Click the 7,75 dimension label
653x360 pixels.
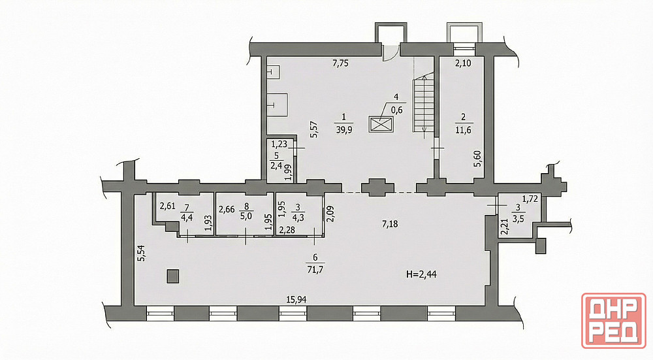pos(340,64)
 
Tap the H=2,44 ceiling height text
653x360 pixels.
pos(421,274)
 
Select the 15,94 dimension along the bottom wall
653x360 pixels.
pos(296,299)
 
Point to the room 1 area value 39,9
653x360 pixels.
pos(344,129)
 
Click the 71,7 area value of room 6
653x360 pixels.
pos(315,269)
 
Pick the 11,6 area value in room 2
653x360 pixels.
pos(463,129)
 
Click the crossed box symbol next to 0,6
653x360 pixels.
pos(381,125)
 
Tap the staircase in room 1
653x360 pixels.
pos(424,104)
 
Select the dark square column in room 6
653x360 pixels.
pos(173,276)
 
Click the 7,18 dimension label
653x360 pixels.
pos(390,224)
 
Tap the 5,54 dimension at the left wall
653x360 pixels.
pos(142,254)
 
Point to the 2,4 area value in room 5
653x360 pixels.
pos(276,166)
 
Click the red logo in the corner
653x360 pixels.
pos(614,320)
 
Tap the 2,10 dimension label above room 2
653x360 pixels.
pos(462,64)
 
